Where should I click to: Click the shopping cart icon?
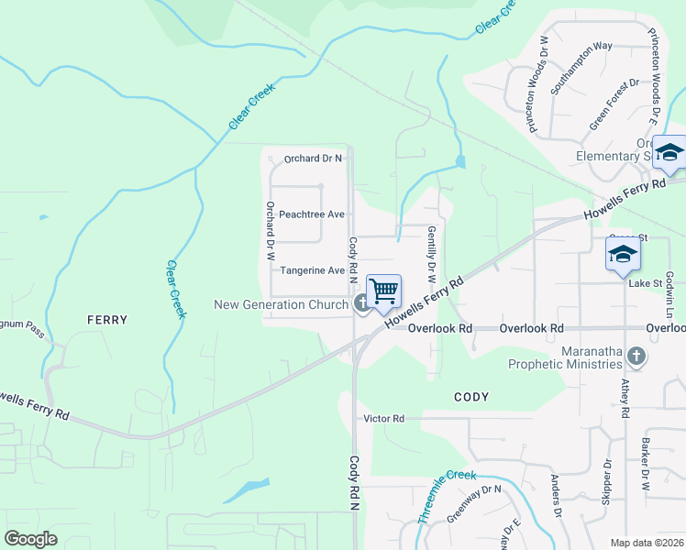(x=384, y=291)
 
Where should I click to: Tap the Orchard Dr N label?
(x=313, y=159)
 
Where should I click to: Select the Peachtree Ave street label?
(x=312, y=214)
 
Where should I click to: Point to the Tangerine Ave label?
(x=312, y=270)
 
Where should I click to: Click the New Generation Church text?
(x=281, y=304)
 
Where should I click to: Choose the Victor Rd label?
(x=383, y=419)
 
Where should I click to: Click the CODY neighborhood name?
(x=471, y=397)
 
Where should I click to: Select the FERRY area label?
(x=106, y=320)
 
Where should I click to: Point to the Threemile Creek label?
(x=447, y=496)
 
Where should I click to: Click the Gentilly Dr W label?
(x=429, y=254)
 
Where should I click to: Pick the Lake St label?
(x=646, y=284)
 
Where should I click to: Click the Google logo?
(x=31, y=539)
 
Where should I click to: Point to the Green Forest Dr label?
(x=614, y=104)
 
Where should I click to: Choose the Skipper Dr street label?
(x=606, y=482)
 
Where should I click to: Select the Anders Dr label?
(x=555, y=496)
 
